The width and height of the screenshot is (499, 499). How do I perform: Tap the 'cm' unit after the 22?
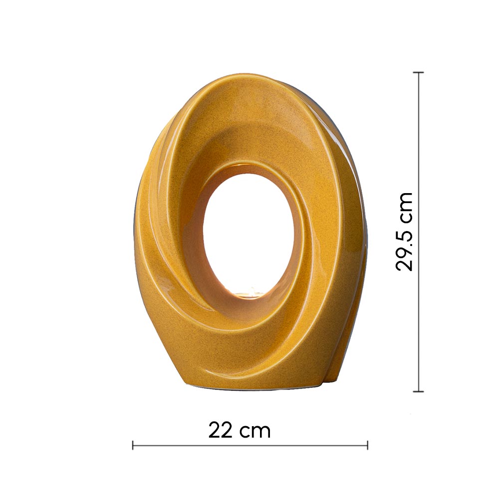pos(255,433)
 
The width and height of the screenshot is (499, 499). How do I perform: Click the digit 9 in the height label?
pos(404,251)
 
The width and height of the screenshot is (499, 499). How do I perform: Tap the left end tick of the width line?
pos(133,445)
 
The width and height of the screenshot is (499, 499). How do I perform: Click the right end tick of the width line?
pos(368,445)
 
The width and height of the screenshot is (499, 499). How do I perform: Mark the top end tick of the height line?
pos(418,72)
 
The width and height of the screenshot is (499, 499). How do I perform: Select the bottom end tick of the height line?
pos(418,391)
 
